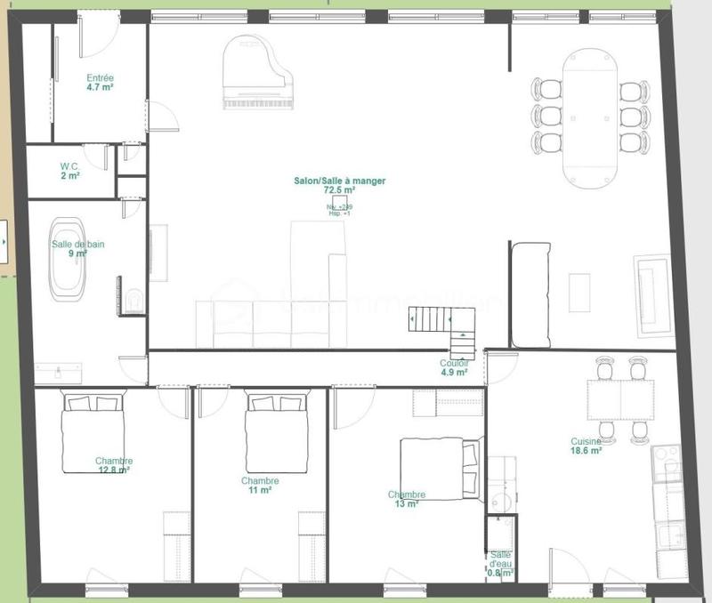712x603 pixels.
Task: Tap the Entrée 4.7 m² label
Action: tap(100, 83)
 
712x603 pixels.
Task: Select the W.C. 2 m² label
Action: tap(70, 171)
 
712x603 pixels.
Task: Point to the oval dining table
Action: tap(590, 116)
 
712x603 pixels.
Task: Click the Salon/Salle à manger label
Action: tap(340, 185)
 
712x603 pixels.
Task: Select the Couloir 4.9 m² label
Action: tap(453, 367)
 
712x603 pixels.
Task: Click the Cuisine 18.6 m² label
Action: tap(587, 446)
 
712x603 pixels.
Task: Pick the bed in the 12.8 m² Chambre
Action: tap(93, 433)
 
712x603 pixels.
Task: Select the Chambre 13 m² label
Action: tap(406, 499)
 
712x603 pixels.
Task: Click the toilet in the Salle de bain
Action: tap(133, 301)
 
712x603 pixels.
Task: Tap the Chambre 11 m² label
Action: tap(260, 486)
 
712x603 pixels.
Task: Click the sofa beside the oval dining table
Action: tap(530, 293)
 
